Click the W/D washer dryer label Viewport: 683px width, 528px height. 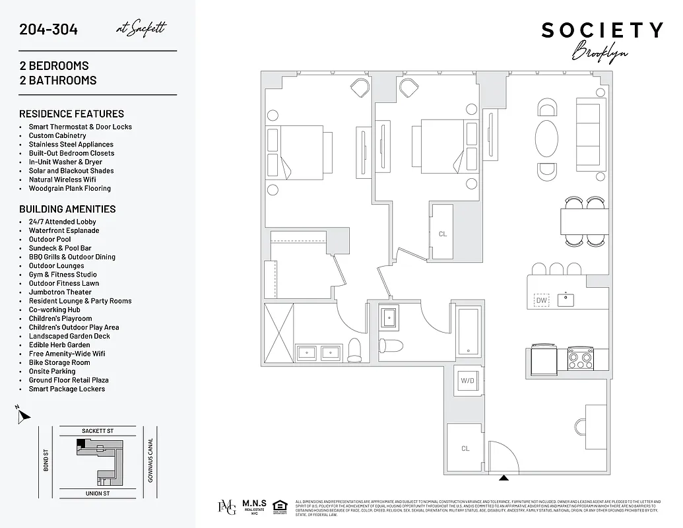(x=468, y=381)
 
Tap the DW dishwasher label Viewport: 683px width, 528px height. (x=542, y=300)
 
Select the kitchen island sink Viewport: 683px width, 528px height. (x=566, y=300)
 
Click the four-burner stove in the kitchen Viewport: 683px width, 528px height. (x=580, y=360)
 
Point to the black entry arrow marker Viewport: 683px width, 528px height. (x=504, y=477)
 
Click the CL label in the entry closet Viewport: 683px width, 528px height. (x=465, y=449)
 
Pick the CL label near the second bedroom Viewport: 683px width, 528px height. (x=442, y=234)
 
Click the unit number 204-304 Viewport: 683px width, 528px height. (x=49, y=29)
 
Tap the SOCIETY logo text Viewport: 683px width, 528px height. (x=602, y=30)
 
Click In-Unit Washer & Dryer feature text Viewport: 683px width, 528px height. (x=65, y=162)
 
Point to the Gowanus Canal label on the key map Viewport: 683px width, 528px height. (x=150, y=461)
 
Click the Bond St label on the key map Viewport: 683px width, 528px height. (x=46, y=461)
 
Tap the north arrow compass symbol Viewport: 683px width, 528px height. (x=23, y=415)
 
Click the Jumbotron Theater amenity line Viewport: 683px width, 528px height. (x=60, y=292)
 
